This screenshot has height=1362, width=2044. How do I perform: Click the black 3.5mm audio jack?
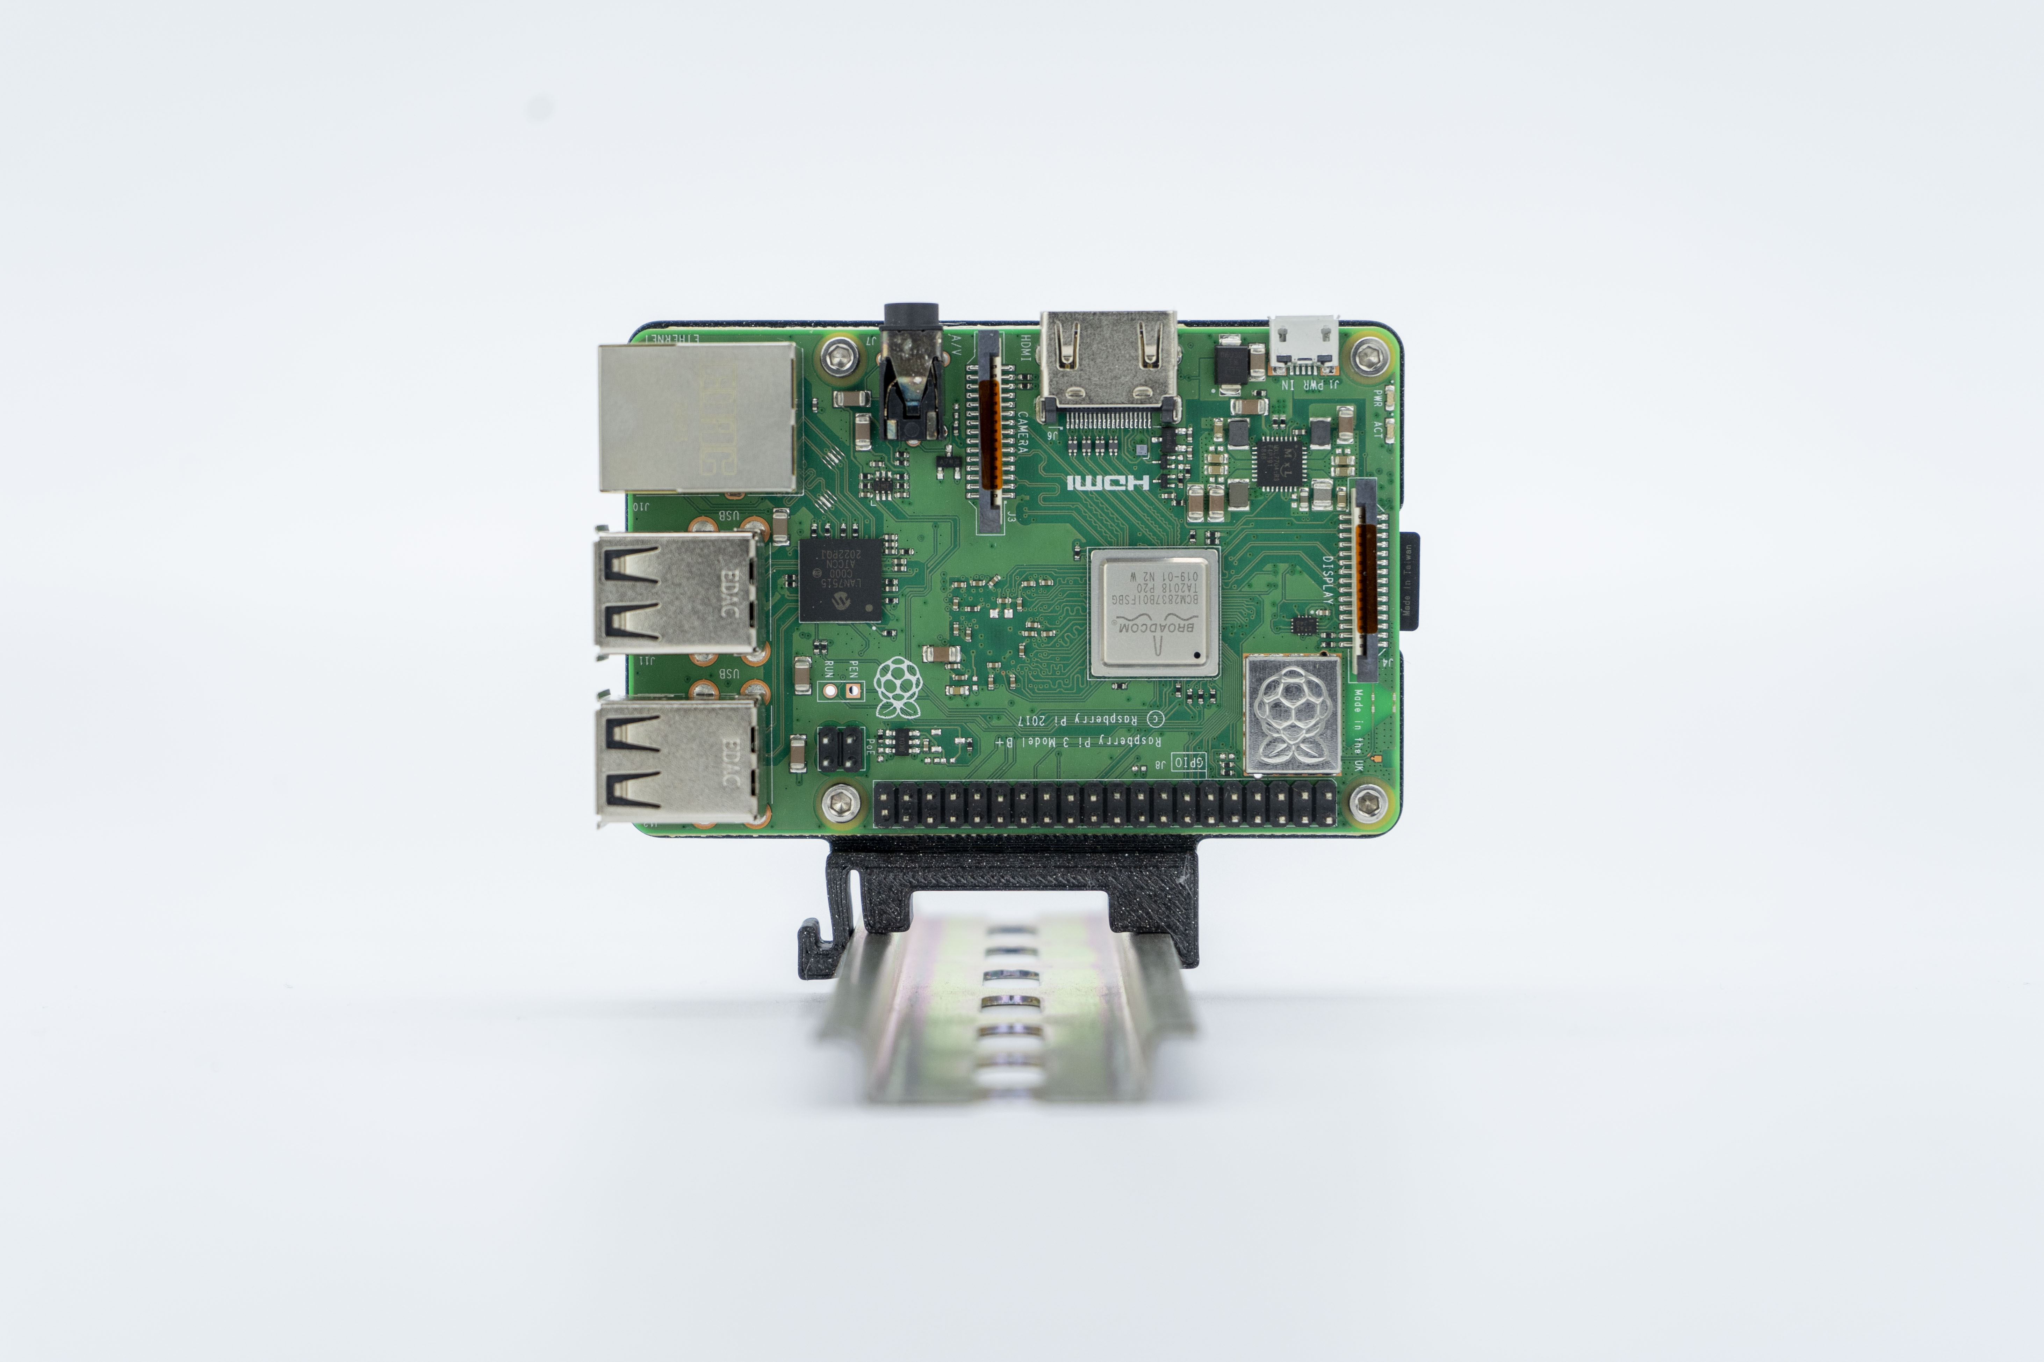pyautogui.click(x=911, y=373)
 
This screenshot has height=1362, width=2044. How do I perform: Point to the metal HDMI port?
pyautogui.click(x=1109, y=365)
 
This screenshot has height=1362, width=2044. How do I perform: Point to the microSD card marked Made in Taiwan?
pyautogui.click(x=1410, y=580)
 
